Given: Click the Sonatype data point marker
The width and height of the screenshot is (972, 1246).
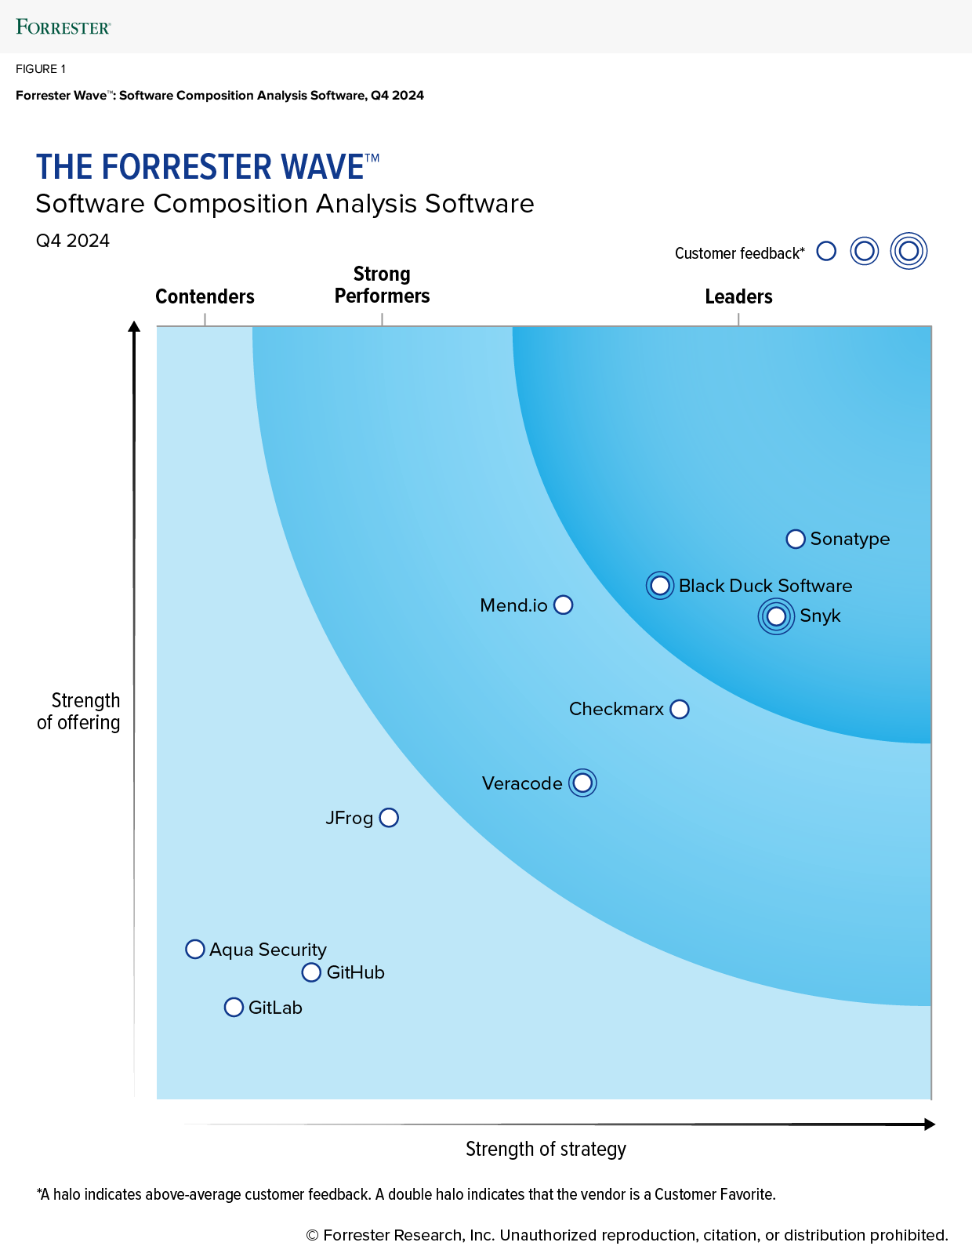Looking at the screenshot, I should point(796,539).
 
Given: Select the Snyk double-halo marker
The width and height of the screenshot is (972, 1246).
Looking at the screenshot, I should point(776,616).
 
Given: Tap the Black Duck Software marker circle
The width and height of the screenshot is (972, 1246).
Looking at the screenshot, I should point(660,586).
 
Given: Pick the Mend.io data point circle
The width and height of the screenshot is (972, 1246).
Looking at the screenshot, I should point(564,605).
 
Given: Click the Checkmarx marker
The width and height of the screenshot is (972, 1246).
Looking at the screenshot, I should point(680,710).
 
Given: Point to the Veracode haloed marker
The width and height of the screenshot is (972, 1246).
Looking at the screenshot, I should point(582,783).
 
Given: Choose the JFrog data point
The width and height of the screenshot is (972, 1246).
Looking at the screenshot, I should point(389,818).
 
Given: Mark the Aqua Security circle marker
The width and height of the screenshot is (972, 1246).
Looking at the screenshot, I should point(195,950).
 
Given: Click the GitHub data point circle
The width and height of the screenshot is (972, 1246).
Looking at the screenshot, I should point(311,972).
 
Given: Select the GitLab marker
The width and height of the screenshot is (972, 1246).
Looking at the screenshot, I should point(234,1008).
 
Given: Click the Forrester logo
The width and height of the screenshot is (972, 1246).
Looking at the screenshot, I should point(63,27).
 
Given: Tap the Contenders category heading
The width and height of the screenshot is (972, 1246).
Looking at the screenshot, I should point(205,296).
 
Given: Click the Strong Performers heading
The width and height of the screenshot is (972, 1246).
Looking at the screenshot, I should point(382,285).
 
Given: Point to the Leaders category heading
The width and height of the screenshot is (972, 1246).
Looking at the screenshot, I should point(738,296).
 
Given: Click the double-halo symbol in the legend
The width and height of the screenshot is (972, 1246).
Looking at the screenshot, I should point(909,251).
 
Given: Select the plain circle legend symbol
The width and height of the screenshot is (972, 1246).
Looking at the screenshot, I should point(826,251).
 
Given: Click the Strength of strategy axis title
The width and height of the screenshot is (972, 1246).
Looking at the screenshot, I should point(546,1149).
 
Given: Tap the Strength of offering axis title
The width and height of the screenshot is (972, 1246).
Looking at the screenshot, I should point(79,711).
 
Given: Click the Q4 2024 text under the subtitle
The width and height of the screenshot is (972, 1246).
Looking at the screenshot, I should point(73,241).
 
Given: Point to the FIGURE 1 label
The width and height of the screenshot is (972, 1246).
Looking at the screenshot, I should point(41,69).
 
